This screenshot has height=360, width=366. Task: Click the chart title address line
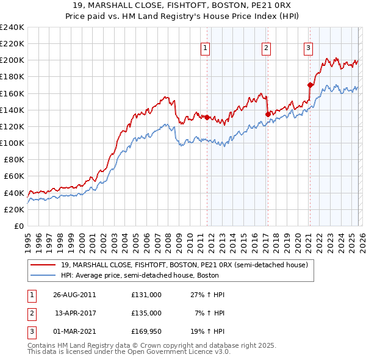pyautogui.click(x=183, y=5)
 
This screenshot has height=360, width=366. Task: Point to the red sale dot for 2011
pyautogui.click(x=207, y=117)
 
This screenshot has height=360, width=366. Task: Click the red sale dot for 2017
pyautogui.click(x=268, y=113)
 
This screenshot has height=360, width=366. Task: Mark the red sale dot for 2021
pyautogui.click(x=310, y=85)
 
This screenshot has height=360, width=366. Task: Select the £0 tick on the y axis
pyautogui.click(x=18, y=226)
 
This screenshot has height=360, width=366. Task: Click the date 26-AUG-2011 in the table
pyautogui.click(x=74, y=294)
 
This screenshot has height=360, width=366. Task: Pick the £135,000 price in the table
pyautogui.click(x=146, y=312)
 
